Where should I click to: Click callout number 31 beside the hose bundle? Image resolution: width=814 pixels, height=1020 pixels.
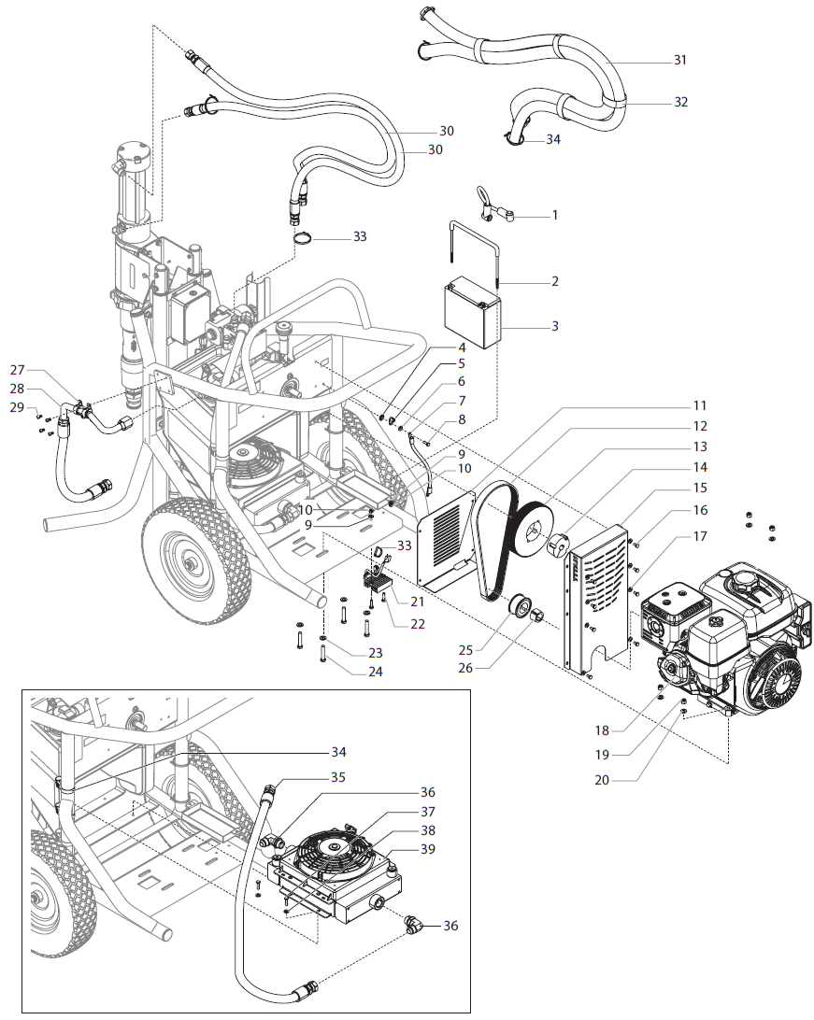point(679,60)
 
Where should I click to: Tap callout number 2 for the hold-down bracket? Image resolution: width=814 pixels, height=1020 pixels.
point(554,281)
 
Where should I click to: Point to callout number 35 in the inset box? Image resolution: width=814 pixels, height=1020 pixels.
point(336,775)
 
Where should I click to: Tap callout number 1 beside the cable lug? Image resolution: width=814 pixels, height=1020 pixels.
point(554,215)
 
